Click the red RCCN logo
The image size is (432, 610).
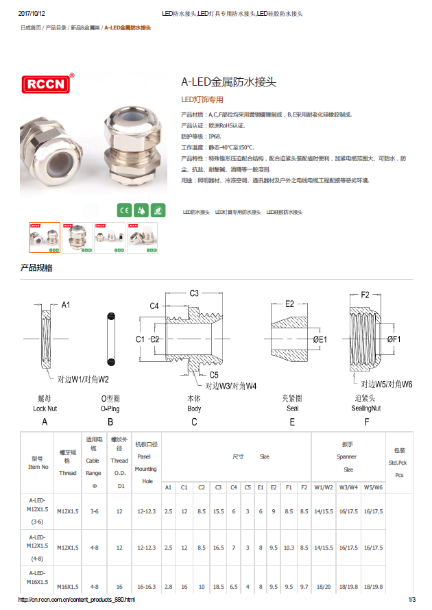(x=46, y=84)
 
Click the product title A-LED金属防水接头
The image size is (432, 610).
(x=228, y=82)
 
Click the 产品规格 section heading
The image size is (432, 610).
(x=36, y=268)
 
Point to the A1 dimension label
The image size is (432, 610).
(x=67, y=304)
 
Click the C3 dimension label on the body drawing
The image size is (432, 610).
(x=194, y=293)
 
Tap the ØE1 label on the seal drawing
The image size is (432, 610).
(x=320, y=339)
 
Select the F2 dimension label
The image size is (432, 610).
(x=365, y=295)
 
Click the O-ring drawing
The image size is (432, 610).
(x=110, y=340)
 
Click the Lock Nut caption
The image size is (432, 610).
(x=45, y=408)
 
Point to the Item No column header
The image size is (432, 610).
(x=38, y=463)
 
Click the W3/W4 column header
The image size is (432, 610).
(x=348, y=487)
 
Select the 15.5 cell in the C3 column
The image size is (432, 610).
(x=218, y=511)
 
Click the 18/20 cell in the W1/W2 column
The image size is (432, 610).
(x=322, y=587)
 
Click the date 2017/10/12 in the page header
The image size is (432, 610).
(x=32, y=14)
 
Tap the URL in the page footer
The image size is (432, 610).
(x=75, y=600)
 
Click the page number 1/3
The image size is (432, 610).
(x=411, y=600)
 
